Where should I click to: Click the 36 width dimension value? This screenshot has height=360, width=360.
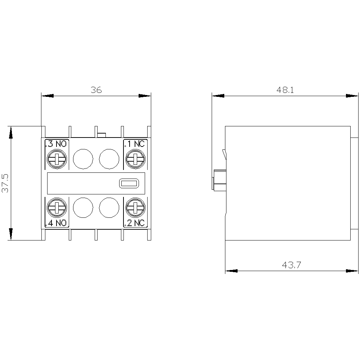[x=96, y=90]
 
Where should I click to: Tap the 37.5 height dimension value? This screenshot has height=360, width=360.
[x=5, y=183]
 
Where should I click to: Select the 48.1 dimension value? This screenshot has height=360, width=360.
[x=285, y=90]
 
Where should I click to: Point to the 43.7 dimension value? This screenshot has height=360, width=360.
[x=291, y=265]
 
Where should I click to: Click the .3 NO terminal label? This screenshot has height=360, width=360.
[x=56, y=144]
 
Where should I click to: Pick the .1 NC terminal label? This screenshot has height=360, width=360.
[x=135, y=144]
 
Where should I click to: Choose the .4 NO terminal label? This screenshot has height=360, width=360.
[x=56, y=223]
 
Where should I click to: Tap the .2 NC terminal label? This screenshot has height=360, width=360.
[x=135, y=223]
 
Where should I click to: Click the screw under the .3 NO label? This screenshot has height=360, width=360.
[x=57, y=159]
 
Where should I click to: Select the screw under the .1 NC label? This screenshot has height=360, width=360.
[x=135, y=159]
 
